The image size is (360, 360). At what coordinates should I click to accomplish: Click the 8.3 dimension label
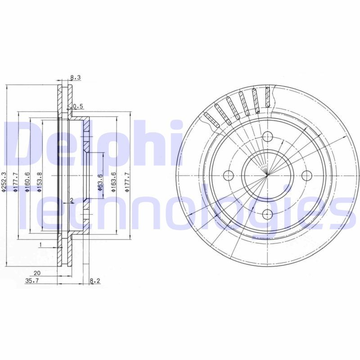click(x=76, y=77)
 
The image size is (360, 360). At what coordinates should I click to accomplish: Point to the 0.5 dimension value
click(x=78, y=106)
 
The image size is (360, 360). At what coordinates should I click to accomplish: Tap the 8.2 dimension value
click(x=95, y=280)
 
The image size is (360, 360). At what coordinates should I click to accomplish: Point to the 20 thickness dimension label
click(x=37, y=273)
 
